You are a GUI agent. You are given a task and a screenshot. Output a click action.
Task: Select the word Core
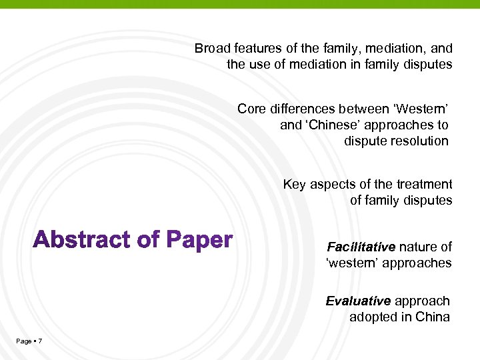(251, 109)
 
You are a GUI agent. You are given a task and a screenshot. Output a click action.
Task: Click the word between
(363, 109)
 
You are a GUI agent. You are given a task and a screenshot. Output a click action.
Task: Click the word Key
(295, 185)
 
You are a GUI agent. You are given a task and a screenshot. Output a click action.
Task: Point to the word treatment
(424, 185)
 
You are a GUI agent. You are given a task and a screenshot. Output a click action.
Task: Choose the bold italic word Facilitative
(361, 247)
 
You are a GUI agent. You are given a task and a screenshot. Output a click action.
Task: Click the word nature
(418, 247)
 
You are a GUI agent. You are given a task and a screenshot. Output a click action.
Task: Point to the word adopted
(371, 317)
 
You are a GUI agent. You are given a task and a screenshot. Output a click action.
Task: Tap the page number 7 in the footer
(41, 341)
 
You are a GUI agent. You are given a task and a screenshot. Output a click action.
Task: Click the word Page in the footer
(23, 341)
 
